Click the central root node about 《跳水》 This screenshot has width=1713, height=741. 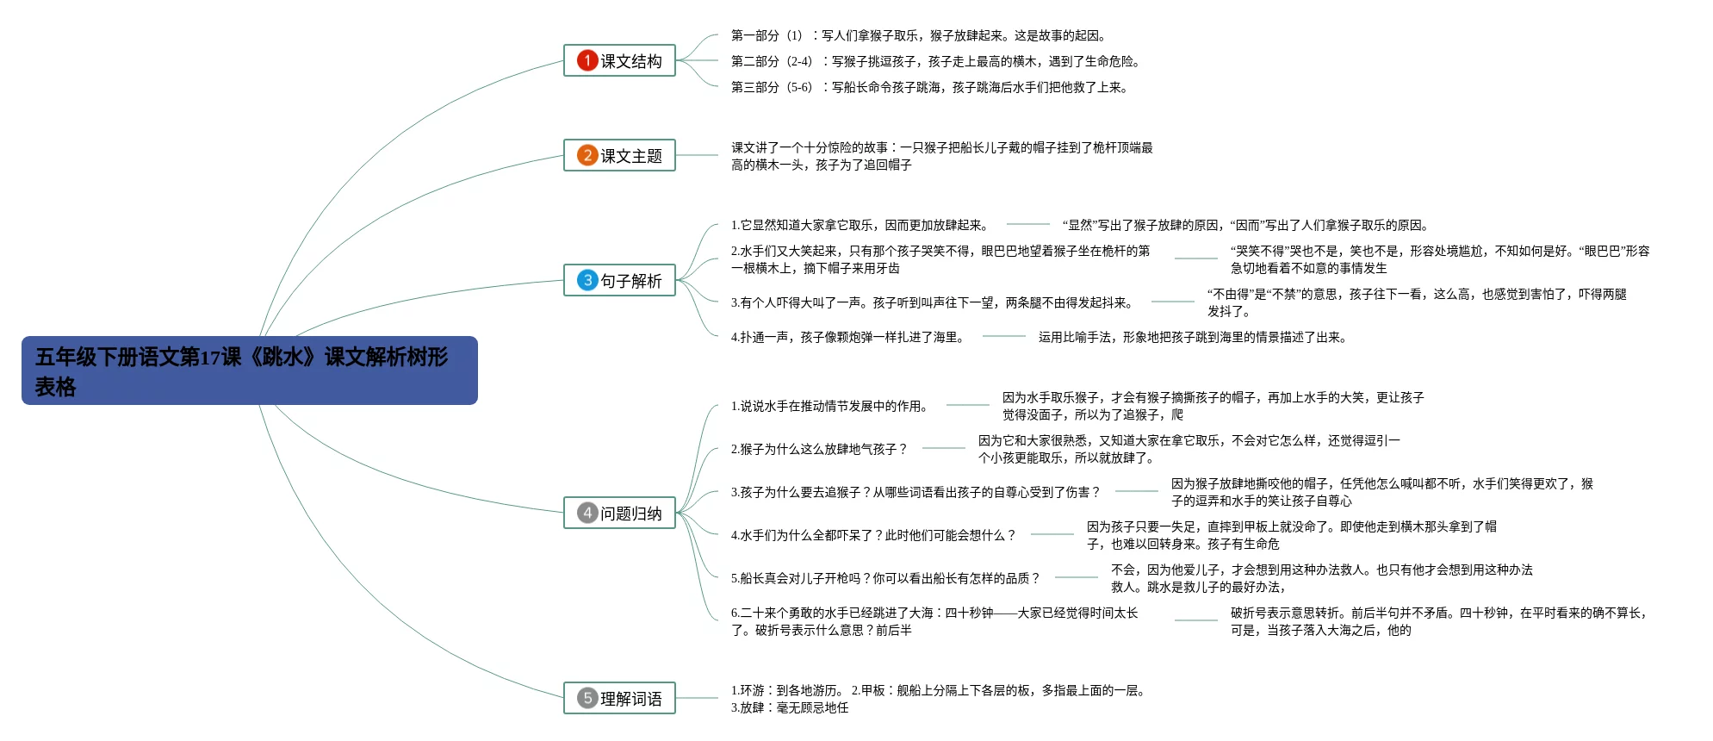pos(249,370)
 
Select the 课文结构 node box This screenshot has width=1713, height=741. pos(619,60)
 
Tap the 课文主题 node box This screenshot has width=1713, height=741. pos(619,155)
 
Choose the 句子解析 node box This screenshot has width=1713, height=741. pos(619,280)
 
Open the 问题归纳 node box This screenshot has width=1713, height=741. pos(619,513)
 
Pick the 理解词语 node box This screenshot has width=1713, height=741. pos(619,698)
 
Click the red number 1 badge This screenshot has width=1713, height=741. pos(587,60)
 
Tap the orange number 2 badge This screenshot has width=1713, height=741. pos(587,155)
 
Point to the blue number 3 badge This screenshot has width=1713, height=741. pos(587,280)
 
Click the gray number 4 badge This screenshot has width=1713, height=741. pos(587,513)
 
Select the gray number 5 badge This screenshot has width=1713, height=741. pos(587,698)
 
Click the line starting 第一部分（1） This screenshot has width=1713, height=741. pos(918,35)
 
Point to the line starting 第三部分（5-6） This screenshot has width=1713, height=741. pos(929,87)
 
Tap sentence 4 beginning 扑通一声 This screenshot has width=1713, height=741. pos(848,337)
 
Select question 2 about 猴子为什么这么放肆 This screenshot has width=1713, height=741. pos(819,449)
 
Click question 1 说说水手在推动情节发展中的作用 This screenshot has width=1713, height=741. pos(830,406)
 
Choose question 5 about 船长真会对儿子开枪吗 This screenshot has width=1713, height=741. pos(885,578)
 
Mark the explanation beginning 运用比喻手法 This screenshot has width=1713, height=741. pos(1192,337)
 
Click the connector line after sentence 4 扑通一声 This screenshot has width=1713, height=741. pos(1003,336)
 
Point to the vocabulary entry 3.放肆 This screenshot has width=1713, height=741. pos(790,707)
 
